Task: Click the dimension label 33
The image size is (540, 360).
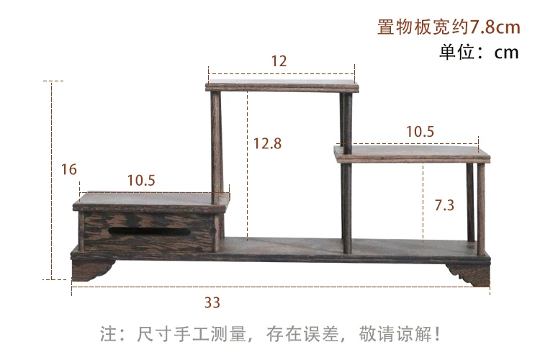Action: tap(212, 302)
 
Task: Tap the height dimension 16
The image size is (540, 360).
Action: tap(69, 170)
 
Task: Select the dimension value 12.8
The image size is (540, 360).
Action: tap(267, 143)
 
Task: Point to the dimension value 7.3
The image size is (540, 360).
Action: tap(444, 205)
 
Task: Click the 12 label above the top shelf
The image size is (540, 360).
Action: tap(279, 61)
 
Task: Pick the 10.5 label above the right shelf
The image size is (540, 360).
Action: tap(420, 131)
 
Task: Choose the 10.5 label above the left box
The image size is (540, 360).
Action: tap(141, 180)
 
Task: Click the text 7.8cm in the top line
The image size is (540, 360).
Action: tap(495, 27)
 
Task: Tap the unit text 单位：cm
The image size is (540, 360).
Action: tap(480, 53)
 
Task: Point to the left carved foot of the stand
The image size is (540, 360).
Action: tap(91, 270)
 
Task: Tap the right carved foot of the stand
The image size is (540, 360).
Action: tap(469, 273)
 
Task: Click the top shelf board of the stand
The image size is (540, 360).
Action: tap(282, 87)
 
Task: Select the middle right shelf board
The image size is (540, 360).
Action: tap(413, 153)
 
